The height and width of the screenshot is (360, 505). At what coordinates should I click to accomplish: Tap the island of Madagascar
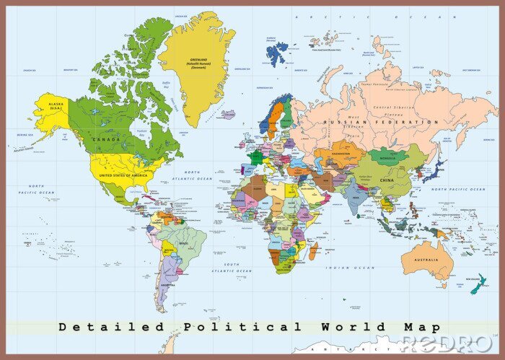coord(314,252)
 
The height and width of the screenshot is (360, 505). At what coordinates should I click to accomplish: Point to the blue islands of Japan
coord(435,172)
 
